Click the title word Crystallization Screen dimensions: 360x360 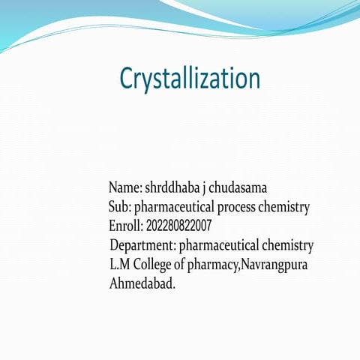pos(190,79)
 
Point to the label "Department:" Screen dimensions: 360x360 pos(142,246)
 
